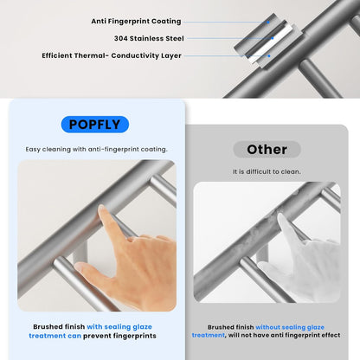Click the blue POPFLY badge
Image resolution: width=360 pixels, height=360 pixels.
(94, 124)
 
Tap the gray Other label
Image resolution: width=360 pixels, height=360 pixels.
(267, 149)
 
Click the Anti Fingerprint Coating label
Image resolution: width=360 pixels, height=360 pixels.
(136, 21)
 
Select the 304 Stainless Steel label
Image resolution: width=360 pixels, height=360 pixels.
(148, 38)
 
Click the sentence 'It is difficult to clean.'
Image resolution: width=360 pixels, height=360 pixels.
(267, 171)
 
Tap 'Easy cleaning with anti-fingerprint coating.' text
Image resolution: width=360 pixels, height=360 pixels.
(96, 149)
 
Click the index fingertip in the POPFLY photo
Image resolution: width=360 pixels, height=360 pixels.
(103, 210)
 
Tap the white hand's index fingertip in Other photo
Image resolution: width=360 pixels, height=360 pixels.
(281, 218)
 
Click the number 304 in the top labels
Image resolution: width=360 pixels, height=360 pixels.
(122, 38)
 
